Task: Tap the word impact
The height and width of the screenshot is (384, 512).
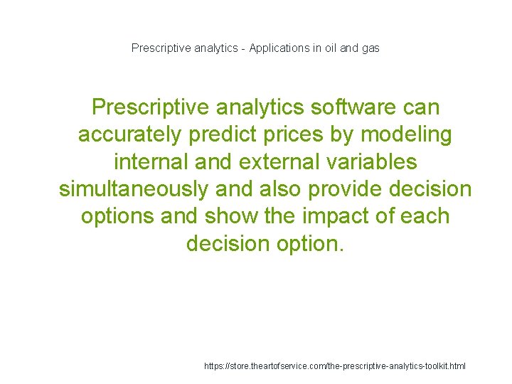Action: [x=350, y=216]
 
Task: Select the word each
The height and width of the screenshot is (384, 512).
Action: [x=425, y=216]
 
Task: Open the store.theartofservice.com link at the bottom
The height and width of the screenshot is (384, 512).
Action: [x=335, y=366]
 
